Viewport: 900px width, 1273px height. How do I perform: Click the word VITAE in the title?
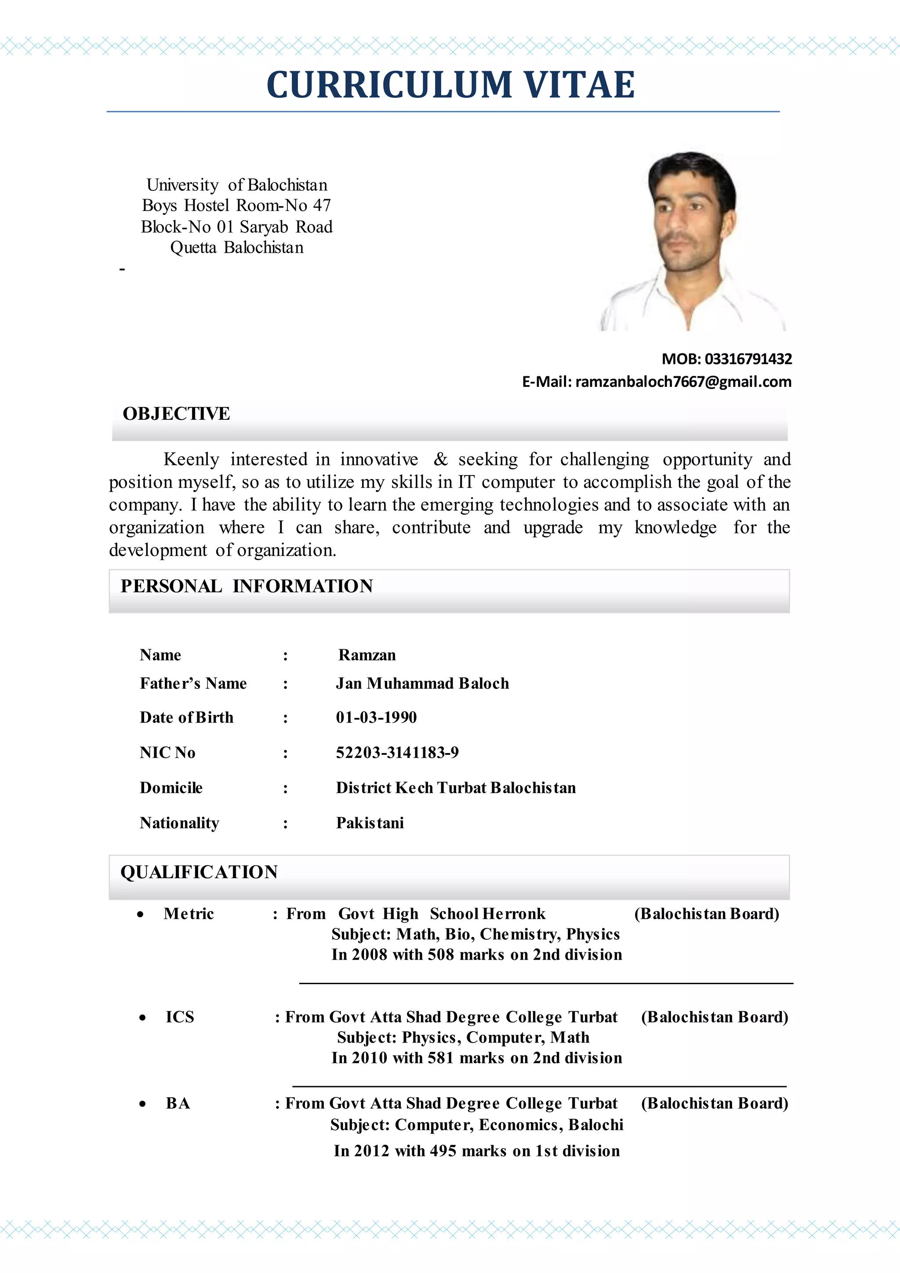point(579,85)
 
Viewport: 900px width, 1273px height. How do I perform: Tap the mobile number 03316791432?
point(748,359)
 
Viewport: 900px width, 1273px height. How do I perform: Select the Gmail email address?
point(683,382)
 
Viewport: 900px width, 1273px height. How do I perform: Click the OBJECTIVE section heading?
point(176,414)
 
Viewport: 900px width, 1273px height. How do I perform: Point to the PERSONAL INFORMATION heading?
point(247,586)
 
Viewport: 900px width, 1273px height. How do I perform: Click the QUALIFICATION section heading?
point(199,872)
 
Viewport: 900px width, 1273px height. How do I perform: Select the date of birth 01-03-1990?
point(376,717)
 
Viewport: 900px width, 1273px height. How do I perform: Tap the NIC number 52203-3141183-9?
point(397,753)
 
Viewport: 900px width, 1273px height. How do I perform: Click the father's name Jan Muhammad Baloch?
point(422,684)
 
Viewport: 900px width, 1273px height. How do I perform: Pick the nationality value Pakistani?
point(370,823)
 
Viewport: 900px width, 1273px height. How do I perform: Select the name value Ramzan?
point(367,655)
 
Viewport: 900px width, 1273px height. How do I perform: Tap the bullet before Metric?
point(141,915)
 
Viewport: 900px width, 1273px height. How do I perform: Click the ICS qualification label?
point(180,1017)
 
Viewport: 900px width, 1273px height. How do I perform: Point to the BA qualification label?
point(178,1103)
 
